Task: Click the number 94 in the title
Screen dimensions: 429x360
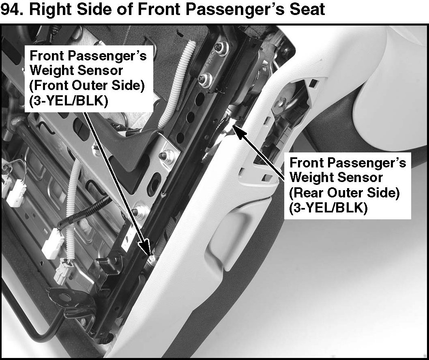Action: pos(11,10)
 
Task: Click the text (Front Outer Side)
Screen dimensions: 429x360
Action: pos(87,86)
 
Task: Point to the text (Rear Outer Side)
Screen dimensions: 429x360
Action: pos(345,193)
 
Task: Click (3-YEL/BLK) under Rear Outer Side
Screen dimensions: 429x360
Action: pos(328,208)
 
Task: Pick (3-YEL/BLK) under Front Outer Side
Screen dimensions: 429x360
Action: pos(69,101)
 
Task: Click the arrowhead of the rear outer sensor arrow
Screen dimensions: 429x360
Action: pos(238,131)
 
